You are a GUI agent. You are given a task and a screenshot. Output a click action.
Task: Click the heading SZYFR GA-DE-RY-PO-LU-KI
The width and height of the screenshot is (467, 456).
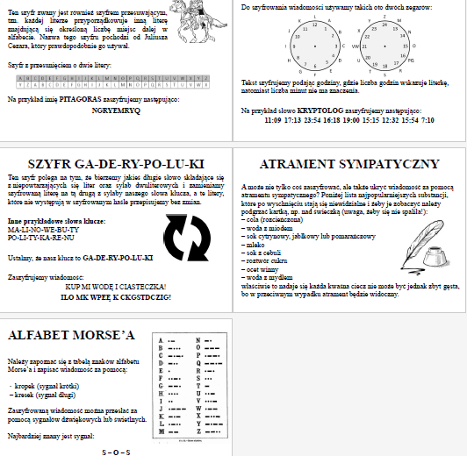click(116, 164)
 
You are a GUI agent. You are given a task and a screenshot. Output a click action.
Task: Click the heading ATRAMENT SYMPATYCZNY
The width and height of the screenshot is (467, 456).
click(349, 164)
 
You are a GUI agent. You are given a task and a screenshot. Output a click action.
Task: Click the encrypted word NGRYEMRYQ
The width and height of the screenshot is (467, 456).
click(116, 112)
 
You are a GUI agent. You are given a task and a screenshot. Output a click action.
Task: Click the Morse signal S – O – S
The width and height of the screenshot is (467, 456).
click(116, 451)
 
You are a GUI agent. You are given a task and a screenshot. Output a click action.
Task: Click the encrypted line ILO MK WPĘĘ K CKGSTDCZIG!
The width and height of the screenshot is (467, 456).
click(116, 296)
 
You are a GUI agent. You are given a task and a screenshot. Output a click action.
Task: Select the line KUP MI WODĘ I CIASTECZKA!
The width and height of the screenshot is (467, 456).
click(116, 287)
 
